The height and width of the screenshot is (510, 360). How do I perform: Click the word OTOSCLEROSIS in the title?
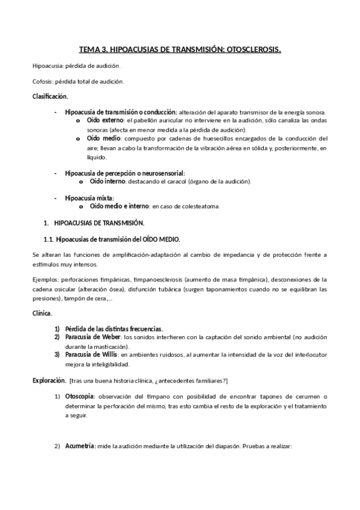pos(251,51)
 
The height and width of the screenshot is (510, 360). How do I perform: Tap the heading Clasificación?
pos(50,96)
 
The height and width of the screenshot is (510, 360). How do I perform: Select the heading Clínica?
pos(42,313)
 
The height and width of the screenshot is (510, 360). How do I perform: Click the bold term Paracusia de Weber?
pos(93,337)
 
